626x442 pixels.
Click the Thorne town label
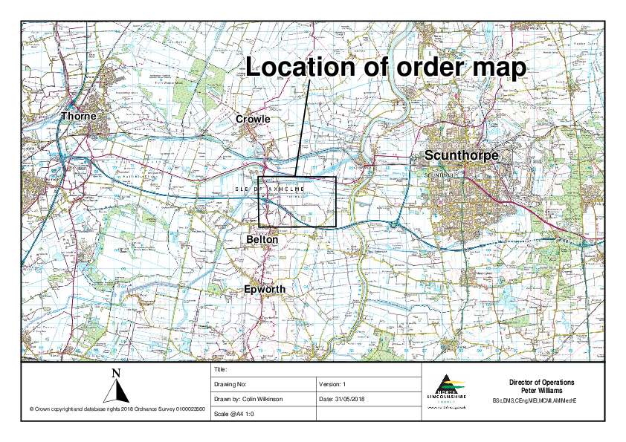click(x=79, y=117)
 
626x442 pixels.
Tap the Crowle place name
click(x=253, y=119)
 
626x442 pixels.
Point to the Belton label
click(x=262, y=240)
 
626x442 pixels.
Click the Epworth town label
click(x=265, y=289)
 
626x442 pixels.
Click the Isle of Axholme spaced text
click(x=270, y=190)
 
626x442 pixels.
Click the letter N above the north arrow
click(x=115, y=373)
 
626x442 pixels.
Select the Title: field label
click(x=220, y=369)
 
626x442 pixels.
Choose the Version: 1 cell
click(x=332, y=384)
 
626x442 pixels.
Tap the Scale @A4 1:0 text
click(x=234, y=413)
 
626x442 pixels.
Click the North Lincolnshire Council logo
click(x=449, y=391)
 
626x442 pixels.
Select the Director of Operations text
click(x=541, y=383)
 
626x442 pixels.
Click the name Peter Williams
click(x=541, y=390)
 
